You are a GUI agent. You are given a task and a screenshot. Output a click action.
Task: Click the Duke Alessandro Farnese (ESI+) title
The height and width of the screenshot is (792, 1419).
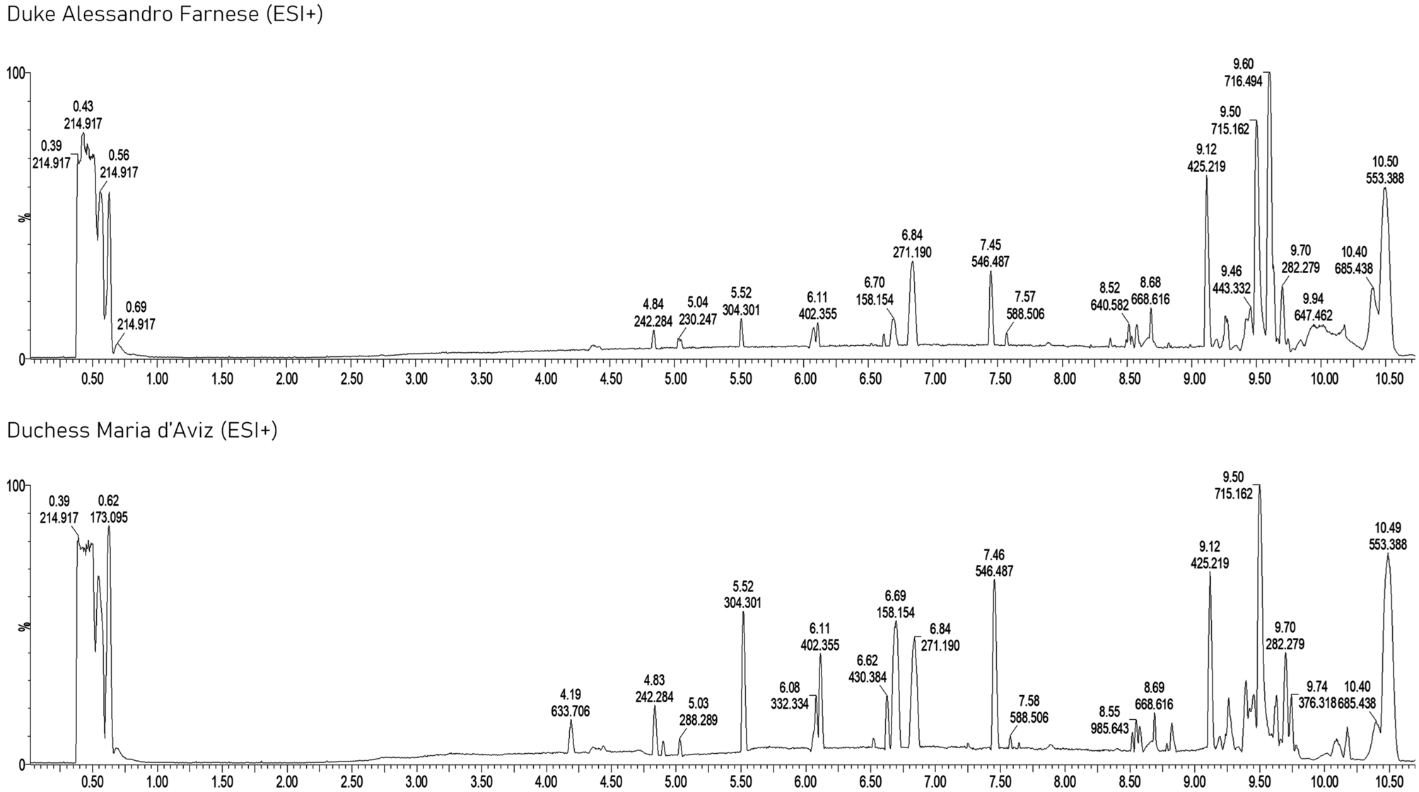pos(164,15)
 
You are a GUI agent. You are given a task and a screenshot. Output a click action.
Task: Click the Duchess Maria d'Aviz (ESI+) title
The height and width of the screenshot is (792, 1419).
pos(141,431)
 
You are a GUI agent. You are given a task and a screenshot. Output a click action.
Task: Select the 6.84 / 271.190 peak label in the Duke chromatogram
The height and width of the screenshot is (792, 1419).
pos(912,244)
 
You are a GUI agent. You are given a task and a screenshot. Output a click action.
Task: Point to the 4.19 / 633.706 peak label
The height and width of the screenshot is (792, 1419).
pos(570,703)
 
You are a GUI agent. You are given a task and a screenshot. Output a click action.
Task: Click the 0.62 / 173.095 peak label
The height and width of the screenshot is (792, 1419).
pos(109,510)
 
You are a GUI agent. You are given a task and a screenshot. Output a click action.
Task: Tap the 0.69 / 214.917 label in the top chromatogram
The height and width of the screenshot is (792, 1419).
pos(136,316)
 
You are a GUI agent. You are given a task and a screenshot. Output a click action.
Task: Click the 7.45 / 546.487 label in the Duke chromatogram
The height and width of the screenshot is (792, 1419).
pos(991,253)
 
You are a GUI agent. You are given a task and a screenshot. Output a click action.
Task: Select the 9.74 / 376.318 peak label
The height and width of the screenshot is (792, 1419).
pos(1317,695)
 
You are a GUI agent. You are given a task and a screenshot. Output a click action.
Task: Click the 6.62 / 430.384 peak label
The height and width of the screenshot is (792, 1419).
pos(867,669)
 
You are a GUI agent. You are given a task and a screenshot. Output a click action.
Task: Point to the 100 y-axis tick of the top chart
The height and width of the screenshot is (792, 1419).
pos(15,73)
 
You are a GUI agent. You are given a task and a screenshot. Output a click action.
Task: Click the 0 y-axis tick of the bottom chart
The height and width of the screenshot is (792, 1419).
pos(21,764)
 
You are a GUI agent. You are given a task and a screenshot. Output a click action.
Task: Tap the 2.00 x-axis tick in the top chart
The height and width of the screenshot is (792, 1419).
pos(286,379)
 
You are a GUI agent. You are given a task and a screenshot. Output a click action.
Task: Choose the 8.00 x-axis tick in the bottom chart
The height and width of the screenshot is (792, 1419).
pos(1065,784)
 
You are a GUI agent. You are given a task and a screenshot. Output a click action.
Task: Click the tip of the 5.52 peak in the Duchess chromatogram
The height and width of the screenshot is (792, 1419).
pos(743,612)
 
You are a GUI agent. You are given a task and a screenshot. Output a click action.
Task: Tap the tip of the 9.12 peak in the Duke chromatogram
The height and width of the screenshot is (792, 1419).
pos(1206,177)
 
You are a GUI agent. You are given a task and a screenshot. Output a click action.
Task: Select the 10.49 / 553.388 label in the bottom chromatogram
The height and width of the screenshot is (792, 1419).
pos(1387,536)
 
